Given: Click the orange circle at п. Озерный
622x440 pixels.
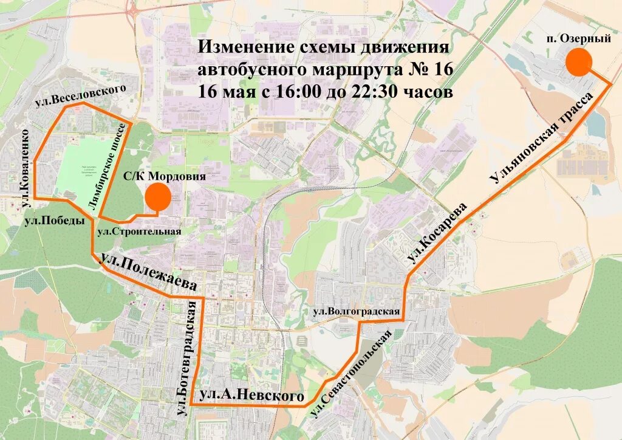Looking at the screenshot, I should pos(579,63).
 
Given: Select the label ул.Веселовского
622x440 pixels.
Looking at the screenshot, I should pos(81,95).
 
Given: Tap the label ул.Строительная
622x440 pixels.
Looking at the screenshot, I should pos(140,232).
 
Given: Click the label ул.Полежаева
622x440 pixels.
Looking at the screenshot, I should pos(149,273).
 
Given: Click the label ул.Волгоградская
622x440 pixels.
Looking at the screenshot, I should pos(356,312).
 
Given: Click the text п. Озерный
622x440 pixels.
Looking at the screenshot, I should pos(578,39).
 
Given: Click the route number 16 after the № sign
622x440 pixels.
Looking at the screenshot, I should pos(443,70).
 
